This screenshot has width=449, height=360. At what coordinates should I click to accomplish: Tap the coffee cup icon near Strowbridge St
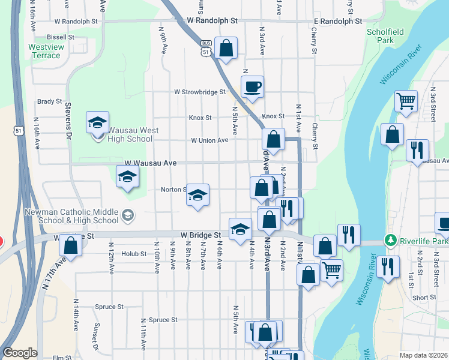(253, 86)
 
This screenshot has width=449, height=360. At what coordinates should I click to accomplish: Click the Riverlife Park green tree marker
(391, 240)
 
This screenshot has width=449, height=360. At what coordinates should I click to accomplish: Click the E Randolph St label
(338, 20)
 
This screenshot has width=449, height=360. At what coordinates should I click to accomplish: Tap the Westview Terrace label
(44, 51)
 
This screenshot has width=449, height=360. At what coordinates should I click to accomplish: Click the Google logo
(20, 353)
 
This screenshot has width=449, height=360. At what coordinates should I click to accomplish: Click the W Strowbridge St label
(199, 92)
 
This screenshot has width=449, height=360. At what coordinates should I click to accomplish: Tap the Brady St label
(50, 102)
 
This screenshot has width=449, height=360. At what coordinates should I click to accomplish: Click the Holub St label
(134, 254)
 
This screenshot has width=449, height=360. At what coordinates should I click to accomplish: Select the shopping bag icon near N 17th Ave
(71, 245)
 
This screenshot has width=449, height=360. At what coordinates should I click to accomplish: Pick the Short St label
(424, 298)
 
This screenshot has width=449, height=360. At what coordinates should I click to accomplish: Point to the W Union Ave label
(210, 140)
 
